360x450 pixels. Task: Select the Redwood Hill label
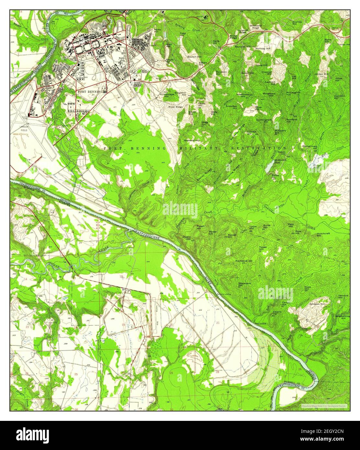click(192, 140)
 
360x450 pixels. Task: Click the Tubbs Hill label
click(263, 249)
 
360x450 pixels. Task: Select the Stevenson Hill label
click(244, 284)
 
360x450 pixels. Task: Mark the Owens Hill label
click(186, 237)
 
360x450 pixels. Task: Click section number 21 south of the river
click(218, 323)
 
